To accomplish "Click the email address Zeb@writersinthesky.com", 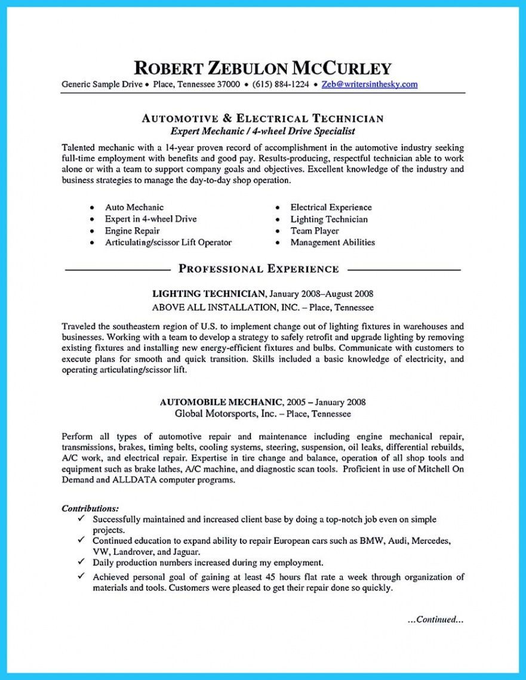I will pos(369,84).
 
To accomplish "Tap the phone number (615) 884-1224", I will pos(281,84).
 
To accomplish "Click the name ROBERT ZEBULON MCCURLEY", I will pos(263,67).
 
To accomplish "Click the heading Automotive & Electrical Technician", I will pos(263,118).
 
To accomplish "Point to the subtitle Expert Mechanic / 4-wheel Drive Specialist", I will pos(263,131).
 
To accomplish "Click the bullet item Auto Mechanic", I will pos(134,207).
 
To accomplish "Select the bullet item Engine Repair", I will pos(132,230).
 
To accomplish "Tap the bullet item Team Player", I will pos(314,230).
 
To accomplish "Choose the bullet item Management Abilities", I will pos(333,242).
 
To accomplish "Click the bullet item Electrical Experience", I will pos(331,207).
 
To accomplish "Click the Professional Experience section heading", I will pos(259,269).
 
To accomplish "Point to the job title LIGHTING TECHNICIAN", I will pos(208,293).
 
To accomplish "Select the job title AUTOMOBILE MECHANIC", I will pos(214,402).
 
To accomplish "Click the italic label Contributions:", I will pos(90,508).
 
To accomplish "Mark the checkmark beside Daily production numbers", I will pos(81,562).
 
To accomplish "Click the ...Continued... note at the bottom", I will pos(435,619).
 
